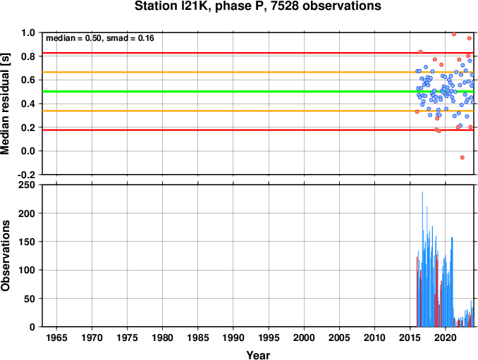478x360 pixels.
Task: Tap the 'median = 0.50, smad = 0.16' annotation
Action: pyautogui.click(x=100, y=38)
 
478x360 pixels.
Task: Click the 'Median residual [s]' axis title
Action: pyautogui.click(x=5, y=104)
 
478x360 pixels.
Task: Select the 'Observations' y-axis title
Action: pyautogui.click(x=5, y=256)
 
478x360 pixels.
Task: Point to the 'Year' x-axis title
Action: pyautogui.click(x=258, y=355)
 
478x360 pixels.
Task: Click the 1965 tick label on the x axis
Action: pyautogui.click(x=56, y=337)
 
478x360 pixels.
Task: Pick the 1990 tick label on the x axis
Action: pyautogui.click(x=233, y=337)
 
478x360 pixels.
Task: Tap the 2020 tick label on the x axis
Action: pyautogui.click(x=446, y=337)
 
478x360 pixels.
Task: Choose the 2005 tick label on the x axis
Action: pyautogui.click(x=339, y=337)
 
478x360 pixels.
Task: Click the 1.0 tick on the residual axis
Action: pyautogui.click(x=28, y=32)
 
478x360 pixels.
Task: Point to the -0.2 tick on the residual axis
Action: pyautogui.click(x=26, y=175)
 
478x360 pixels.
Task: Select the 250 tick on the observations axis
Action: pyautogui.click(x=27, y=185)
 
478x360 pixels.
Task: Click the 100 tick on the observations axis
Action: pyautogui.click(x=27, y=270)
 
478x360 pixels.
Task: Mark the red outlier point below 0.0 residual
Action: pyautogui.click(x=462, y=158)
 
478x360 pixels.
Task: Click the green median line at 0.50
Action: pyautogui.click(x=258, y=92)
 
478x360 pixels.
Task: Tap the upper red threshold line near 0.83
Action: pyautogui.click(x=258, y=53)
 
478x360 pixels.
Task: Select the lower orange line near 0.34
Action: pyautogui.click(x=258, y=111)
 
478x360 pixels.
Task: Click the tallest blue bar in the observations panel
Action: pyautogui.click(x=422, y=259)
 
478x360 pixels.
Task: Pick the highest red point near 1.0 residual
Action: pyautogui.click(x=454, y=34)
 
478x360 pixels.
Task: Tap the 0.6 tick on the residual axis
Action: pyautogui.click(x=28, y=80)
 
